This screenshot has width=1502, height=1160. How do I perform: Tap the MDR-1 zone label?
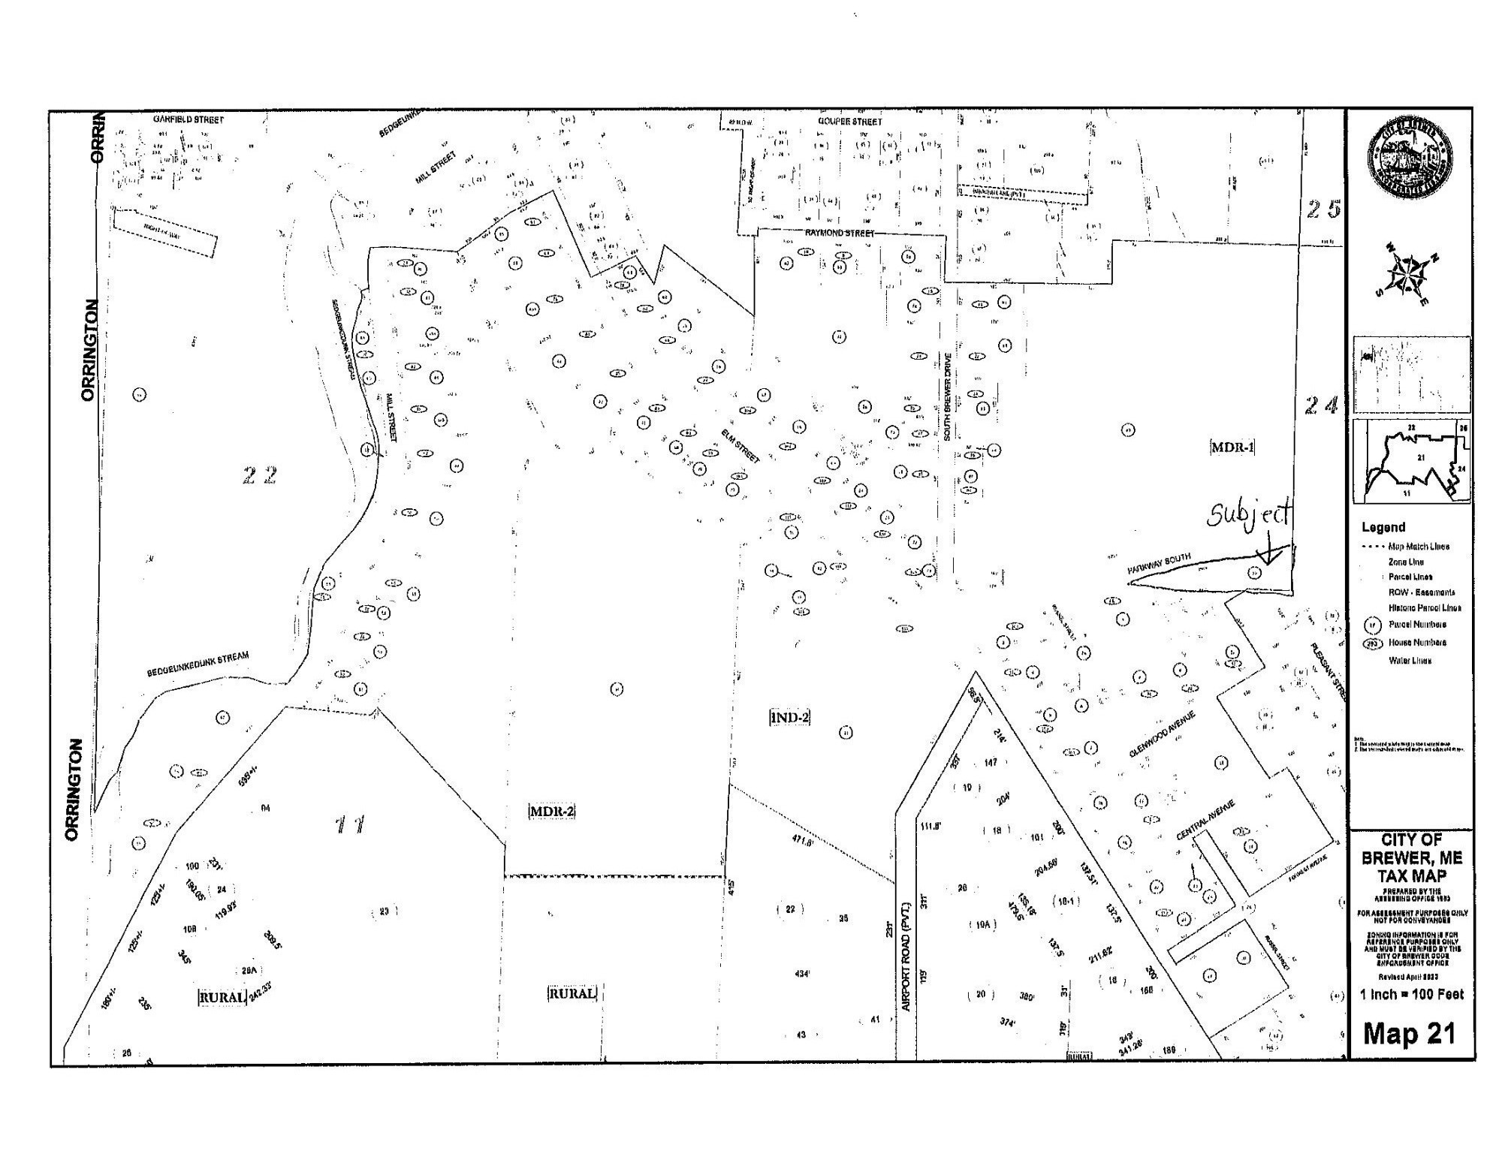pos(1232,447)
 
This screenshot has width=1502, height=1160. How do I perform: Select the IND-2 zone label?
pos(789,718)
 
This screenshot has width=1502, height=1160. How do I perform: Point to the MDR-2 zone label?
pos(552,812)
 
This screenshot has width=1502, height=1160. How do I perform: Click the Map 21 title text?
pos(1409,1034)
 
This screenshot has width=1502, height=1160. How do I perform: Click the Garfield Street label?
pos(189,119)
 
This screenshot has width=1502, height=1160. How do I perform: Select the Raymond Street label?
pos(840,234)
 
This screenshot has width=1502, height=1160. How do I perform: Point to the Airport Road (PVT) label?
pos(906,957)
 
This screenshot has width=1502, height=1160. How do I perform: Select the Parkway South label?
pos(1159,564)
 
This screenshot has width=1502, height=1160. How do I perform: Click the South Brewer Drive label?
pos(949,396)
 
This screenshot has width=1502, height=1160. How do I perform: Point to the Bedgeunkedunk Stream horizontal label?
pos(198,664)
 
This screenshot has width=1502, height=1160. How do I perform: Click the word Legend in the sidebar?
pos(1383,527)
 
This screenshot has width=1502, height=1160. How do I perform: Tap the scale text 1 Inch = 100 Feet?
pos(1412,995)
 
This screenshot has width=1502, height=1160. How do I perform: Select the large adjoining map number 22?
pos(260,475)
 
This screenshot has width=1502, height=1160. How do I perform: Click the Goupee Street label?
pos(850,122)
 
